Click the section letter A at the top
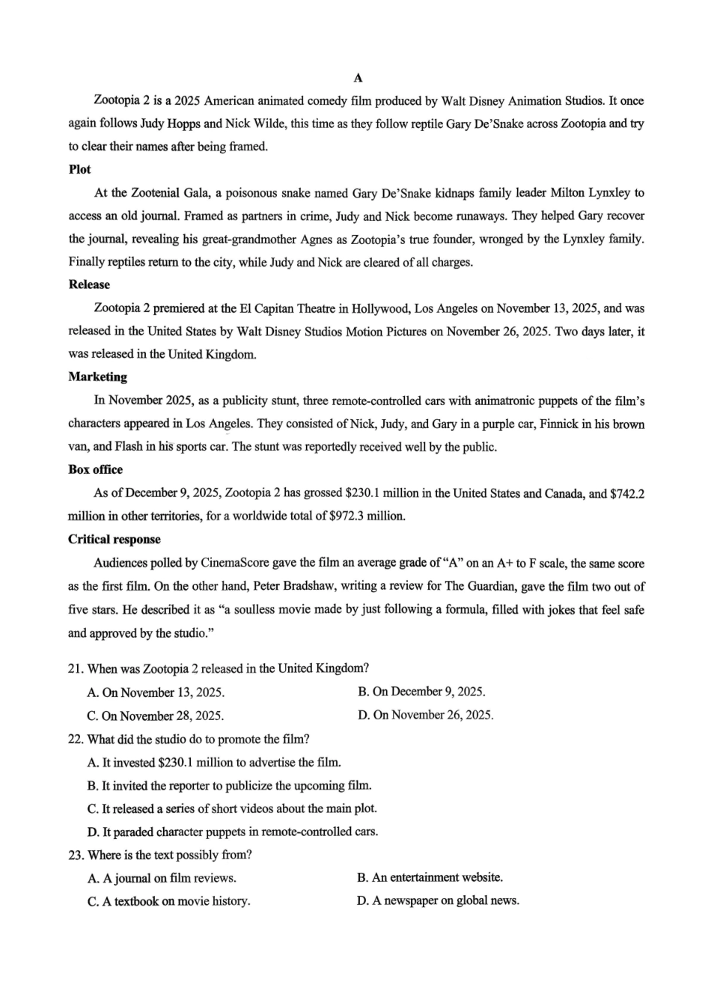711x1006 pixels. [x=358, y=78]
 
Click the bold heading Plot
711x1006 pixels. [x=79, y=169]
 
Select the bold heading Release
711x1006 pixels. [x=89, y=284]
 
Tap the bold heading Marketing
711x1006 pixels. [x=97, y=377]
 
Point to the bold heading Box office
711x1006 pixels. [x=95, y=469]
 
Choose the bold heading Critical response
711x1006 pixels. [x=114, y=539]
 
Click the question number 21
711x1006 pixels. [x=75, y=668]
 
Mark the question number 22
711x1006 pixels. [x=75, y=739]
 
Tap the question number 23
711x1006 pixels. [x=75, y=855]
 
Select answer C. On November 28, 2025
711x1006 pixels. [x=156, y=716]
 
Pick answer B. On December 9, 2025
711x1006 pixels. [x=422, y=692]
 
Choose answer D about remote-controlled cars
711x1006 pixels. [x=233, y=832]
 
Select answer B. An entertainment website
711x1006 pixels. [x=430, y=877]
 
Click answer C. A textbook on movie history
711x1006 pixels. [x=168, y=901]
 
